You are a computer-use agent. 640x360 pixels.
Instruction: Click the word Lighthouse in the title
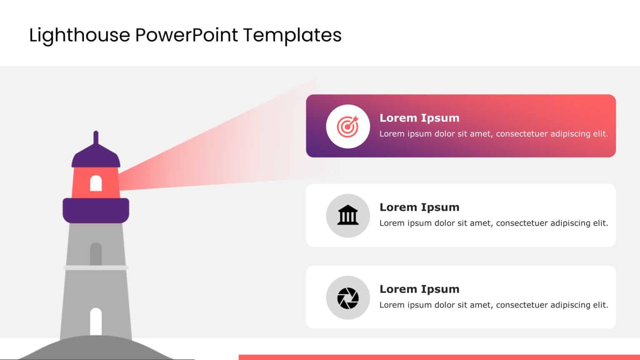tap(80, 35)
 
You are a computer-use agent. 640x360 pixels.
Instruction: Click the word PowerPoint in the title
tap(187, 35)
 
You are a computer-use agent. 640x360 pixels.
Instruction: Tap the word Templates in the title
tap(292, 35)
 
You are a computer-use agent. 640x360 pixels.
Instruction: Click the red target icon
tap(347, 126)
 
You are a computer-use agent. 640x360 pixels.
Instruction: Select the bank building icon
tap(347, 215)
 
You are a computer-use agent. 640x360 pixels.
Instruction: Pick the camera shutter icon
tap(347, 298)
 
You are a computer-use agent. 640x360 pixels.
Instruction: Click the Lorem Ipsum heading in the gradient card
tap(419, 118)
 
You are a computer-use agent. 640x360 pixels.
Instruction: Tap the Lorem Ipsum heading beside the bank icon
tap(419, 207)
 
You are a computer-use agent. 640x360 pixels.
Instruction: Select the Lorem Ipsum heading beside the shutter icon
tap(419, 289)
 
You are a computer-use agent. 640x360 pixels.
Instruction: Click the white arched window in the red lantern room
tap(96, 183)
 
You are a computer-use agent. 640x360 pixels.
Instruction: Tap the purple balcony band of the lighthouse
tap(96, 210)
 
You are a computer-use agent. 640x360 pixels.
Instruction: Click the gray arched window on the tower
tap(96, 253)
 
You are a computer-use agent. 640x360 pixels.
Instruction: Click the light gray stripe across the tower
tap(96, 267)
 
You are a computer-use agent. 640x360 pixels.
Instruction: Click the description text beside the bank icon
tap(493, 223)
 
